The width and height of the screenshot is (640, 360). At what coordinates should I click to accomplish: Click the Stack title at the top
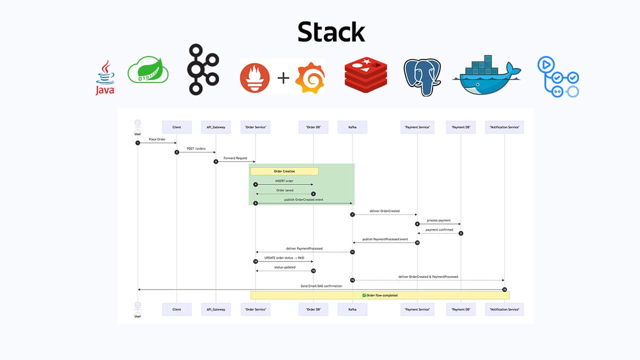[x=331, y=32]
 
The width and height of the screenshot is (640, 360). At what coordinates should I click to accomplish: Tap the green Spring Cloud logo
[x=148, y=70]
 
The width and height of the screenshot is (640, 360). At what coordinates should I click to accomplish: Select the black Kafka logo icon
[x=203, y=69]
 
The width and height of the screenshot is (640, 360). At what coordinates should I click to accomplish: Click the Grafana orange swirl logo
[x=310, y=76]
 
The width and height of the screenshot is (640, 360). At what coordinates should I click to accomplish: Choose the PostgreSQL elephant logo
[x=422, y=76]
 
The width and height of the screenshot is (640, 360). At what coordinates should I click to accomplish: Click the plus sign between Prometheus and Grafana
[x=283, y=77]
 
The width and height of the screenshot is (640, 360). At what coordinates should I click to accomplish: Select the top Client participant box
[x=176, y=127]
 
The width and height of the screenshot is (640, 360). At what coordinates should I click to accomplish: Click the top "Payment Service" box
[x=417, y=127]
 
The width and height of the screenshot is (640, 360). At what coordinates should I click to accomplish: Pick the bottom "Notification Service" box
[x=504, y=309]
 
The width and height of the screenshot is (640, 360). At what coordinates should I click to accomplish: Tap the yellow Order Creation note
[x=284, y=171]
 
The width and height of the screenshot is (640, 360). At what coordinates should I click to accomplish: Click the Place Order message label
[x=156, y=139]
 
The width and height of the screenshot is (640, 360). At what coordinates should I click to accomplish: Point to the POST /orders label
[x=196, y=148]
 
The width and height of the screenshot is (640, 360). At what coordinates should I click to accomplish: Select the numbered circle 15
[x=504, y=289]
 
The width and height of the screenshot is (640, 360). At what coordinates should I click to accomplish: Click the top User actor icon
[x=137, y=124]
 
